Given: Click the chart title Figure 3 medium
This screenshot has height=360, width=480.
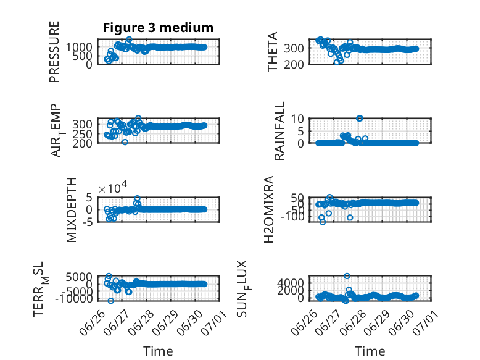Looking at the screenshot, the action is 159,28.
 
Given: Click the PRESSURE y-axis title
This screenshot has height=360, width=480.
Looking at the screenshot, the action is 54,52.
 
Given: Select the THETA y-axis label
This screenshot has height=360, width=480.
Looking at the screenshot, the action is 272,52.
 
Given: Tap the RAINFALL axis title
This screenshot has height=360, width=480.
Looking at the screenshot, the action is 279,131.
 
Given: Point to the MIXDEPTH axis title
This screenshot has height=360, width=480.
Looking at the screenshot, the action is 71,210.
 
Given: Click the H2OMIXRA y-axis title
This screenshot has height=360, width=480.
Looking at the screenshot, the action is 268,209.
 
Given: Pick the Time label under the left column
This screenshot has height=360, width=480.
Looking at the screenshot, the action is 159,351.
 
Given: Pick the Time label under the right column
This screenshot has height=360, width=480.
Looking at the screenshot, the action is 370,351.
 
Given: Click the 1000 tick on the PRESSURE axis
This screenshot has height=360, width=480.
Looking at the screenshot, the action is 79,47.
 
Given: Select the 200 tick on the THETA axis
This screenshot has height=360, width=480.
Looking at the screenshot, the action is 294,64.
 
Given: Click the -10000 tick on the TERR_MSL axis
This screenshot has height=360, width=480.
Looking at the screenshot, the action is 74,298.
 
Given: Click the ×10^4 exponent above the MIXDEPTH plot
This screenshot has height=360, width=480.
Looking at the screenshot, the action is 113,188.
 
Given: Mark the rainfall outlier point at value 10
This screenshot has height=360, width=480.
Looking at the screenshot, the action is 360,119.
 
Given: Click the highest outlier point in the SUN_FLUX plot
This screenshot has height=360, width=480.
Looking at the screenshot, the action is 347,276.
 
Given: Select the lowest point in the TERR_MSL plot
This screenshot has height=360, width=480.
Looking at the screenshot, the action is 111,301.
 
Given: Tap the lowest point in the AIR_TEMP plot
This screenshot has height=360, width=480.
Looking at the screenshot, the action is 125,142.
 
